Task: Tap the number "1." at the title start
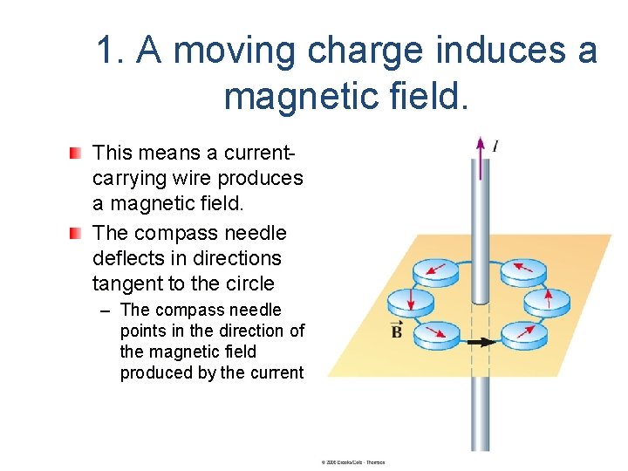111,51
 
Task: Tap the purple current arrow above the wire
479,156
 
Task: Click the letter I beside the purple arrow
495,147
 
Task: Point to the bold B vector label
398,331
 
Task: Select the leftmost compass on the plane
404,302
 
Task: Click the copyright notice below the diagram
352,462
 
